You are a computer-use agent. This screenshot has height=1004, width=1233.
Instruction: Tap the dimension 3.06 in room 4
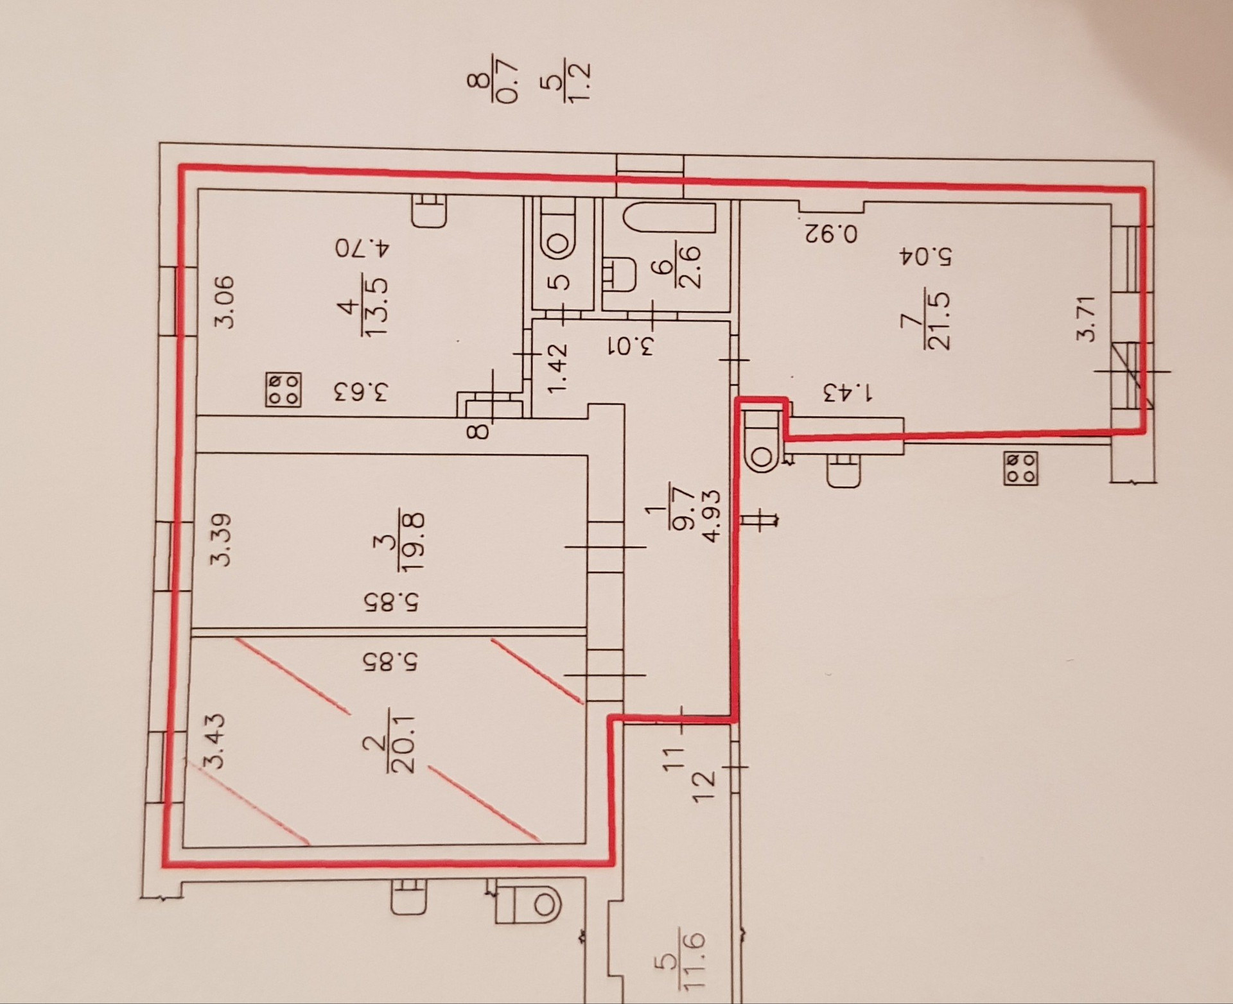pyautogui.click(x=224, y=301)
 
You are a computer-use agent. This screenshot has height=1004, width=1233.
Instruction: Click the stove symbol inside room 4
pyautogui.click(x=283, y=390)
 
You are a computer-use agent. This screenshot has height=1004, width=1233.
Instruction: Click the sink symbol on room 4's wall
pyautogui.click(x=429, y=210)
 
